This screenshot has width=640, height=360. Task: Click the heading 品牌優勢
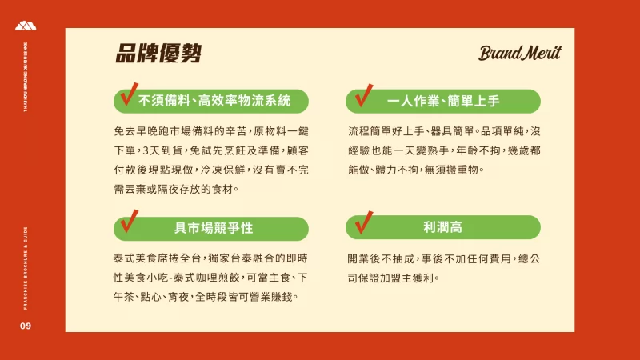(158, 54)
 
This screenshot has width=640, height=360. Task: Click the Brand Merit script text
(519, 54)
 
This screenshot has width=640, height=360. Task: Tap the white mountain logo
(26, 26)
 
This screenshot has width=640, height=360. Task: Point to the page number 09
(26, 326)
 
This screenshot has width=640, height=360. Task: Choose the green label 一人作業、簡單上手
(443, 101)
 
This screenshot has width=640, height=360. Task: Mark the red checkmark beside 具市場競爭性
(127, 222)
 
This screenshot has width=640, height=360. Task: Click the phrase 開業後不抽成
(376, 258)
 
